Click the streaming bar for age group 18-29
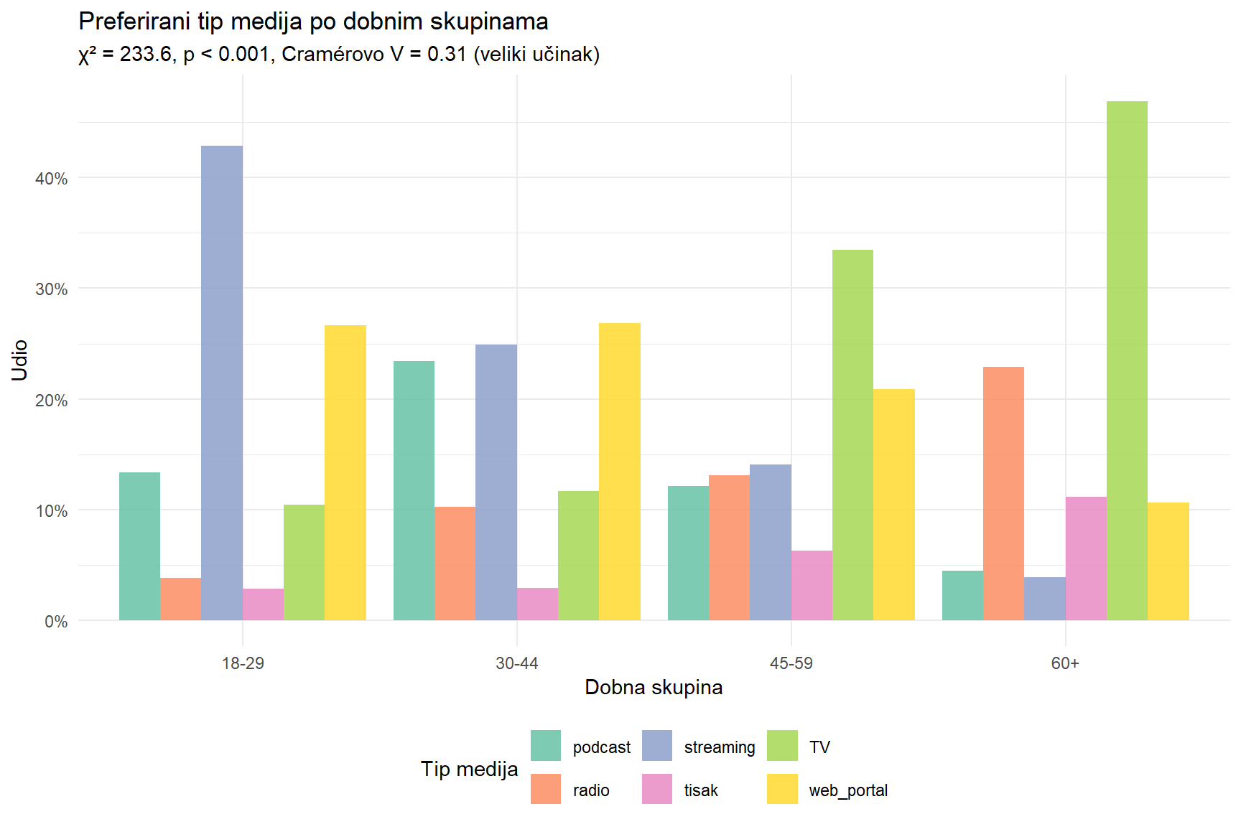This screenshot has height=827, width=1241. click(x=222, y=383)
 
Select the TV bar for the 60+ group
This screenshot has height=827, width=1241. click(x=1127, y=360)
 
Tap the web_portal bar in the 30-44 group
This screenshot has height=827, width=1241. click(x=619, y=472)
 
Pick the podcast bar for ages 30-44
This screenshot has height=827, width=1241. click(x=414, y=490)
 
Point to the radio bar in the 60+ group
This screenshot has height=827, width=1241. click(x=1003, y=493)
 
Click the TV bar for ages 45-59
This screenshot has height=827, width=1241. click(x=852, y=435)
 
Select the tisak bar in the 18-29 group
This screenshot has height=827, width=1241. click(x=263, y=604)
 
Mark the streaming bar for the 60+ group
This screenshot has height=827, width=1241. click(x=1044, y=599)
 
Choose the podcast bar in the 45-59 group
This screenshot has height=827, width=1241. click(x=688, y=553)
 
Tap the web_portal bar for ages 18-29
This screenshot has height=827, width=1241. click(x=345, y=472)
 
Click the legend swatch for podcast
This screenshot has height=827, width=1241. click(x=546, y=746)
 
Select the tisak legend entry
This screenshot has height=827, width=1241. click(x=700, y=790)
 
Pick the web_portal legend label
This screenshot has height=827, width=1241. click(x=848, y=790)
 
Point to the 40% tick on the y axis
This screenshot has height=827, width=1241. click(x=52, y=179)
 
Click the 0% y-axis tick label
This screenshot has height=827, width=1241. click(x=56, y=622)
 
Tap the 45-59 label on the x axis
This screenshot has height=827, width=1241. click(x=791, y=663)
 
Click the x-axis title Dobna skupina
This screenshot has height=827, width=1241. click(x=654, y=688)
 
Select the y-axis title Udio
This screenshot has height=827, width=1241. click(x=19, y=360)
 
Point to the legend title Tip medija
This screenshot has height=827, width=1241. click(x=469, y=769)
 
